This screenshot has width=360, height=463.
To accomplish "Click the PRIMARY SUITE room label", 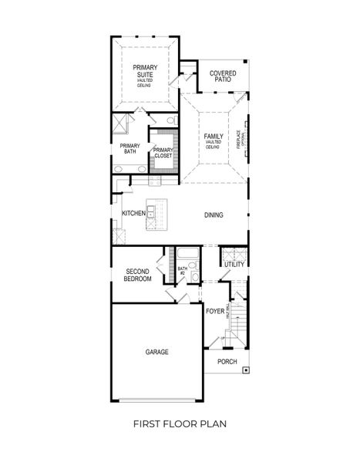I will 144,72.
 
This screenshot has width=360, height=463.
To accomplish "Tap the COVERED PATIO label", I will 223,76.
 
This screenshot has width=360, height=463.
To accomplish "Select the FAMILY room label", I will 214,140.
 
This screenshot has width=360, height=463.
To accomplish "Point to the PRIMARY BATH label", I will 130,149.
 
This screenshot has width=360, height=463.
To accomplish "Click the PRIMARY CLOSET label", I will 163,152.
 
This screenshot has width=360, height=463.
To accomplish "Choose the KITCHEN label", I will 133,214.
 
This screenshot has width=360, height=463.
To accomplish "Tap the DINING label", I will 214,215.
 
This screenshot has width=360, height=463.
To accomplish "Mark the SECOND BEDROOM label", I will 137,275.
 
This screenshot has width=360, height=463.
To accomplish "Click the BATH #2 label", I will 183,271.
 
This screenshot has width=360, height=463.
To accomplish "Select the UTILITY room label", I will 234,265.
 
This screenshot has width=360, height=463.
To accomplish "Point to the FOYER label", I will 215,311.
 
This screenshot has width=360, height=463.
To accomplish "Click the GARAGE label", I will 156,352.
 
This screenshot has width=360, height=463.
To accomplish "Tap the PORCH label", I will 226,361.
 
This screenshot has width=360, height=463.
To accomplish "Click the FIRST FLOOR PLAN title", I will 180,423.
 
